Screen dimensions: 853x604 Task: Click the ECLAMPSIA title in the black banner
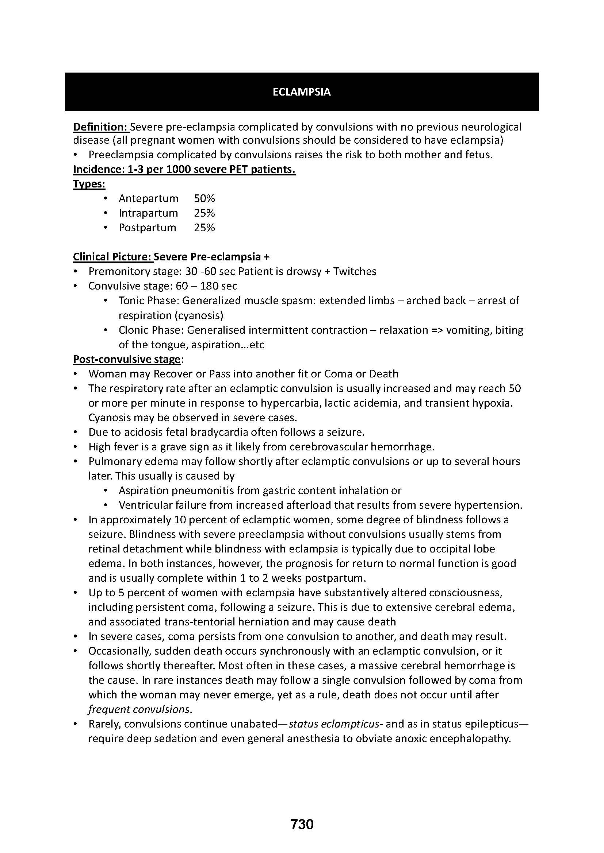301,92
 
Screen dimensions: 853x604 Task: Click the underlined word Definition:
100,127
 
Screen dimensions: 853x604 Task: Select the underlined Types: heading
89,184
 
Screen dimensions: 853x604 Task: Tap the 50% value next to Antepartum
204,198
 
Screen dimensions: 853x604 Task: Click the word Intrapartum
148,213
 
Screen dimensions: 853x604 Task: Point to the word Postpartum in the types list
147,227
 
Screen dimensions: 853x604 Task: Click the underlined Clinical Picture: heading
113,257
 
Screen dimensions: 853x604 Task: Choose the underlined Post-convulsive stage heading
126,359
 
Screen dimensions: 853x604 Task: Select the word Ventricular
145,505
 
